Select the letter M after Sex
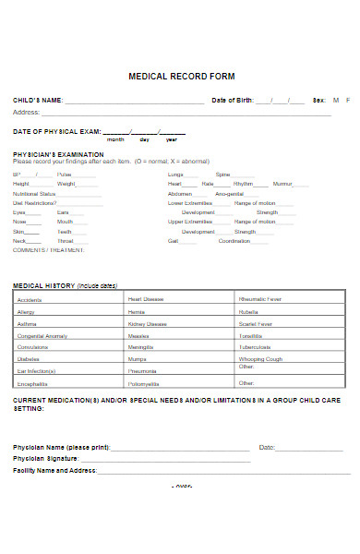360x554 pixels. [x=335, y=100]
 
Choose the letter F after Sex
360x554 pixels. [x=348, y=100]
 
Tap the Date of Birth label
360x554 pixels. [x=232, y=100]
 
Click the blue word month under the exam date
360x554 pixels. [x=115, y=139]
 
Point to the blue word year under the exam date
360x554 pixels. [x=171, y=139]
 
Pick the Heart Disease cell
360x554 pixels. [x=146, y=299]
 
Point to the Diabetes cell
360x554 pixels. [x=28, y=358]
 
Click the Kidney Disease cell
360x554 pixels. [x=148, y=324]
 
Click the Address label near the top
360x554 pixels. [x=26, y=112]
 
